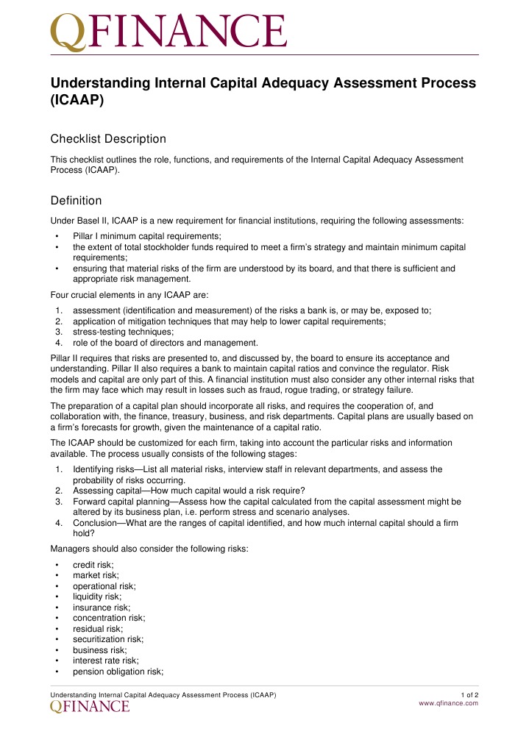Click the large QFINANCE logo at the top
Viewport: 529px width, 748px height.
coord(168,31)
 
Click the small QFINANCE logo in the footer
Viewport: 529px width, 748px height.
coord(90,706)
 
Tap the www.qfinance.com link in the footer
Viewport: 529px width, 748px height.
coord(448,703)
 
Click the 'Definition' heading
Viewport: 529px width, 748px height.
coord(76,201)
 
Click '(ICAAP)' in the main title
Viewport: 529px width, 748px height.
coord(77,102)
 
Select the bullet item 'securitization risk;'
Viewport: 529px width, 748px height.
coord(107,640)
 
